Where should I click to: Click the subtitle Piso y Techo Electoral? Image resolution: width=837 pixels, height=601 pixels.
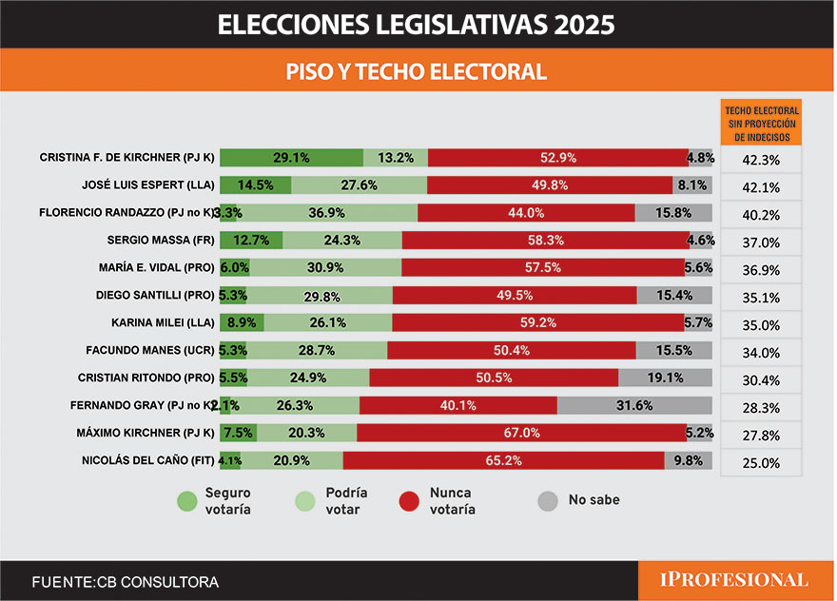pos(417,71)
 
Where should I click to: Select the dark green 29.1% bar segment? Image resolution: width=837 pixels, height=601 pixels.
pos(291,158)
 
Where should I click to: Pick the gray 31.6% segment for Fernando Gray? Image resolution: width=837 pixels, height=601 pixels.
pos(634,405)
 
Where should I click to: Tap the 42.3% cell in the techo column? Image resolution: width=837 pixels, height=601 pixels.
pos(760,160)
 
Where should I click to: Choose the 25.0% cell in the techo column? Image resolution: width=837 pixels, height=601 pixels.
pos(760,463)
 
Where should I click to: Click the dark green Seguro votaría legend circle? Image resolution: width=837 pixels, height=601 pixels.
pos(186,501)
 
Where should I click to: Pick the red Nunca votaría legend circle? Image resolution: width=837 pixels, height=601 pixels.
pos(410,501)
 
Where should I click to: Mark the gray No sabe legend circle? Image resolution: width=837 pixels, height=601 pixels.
pos(548,500)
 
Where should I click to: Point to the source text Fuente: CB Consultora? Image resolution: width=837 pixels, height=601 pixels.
pos(125,581)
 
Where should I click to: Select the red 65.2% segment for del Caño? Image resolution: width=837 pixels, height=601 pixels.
pos(504,460)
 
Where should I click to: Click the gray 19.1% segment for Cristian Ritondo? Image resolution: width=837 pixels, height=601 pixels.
pos(665,378)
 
